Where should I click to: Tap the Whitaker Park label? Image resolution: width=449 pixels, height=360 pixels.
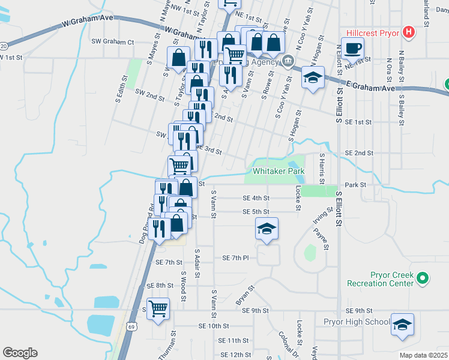(279, 171)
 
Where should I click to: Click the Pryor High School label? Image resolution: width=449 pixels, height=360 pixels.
(357, 322)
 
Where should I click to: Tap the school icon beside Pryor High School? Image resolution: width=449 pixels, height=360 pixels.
(402, 325)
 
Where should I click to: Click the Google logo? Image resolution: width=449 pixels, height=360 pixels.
(20, 353)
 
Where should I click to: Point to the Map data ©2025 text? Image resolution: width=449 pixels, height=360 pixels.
(423, 355)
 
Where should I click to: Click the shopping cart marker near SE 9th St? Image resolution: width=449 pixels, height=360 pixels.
(158, 309)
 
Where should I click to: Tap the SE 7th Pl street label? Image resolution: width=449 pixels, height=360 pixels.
(235, 257)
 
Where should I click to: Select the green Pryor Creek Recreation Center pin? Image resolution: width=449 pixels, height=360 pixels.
(423, 278)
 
